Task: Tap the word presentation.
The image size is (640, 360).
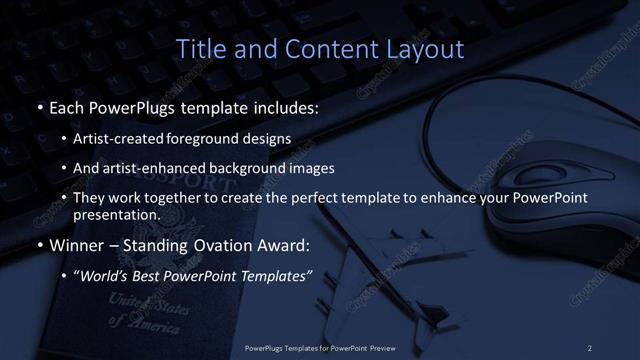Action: coord(116,215)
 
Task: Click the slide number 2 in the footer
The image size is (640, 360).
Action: coord(589,347)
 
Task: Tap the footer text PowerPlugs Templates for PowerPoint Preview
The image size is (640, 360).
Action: coord(319,347)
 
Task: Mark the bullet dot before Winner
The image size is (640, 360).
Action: coord(39,246)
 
